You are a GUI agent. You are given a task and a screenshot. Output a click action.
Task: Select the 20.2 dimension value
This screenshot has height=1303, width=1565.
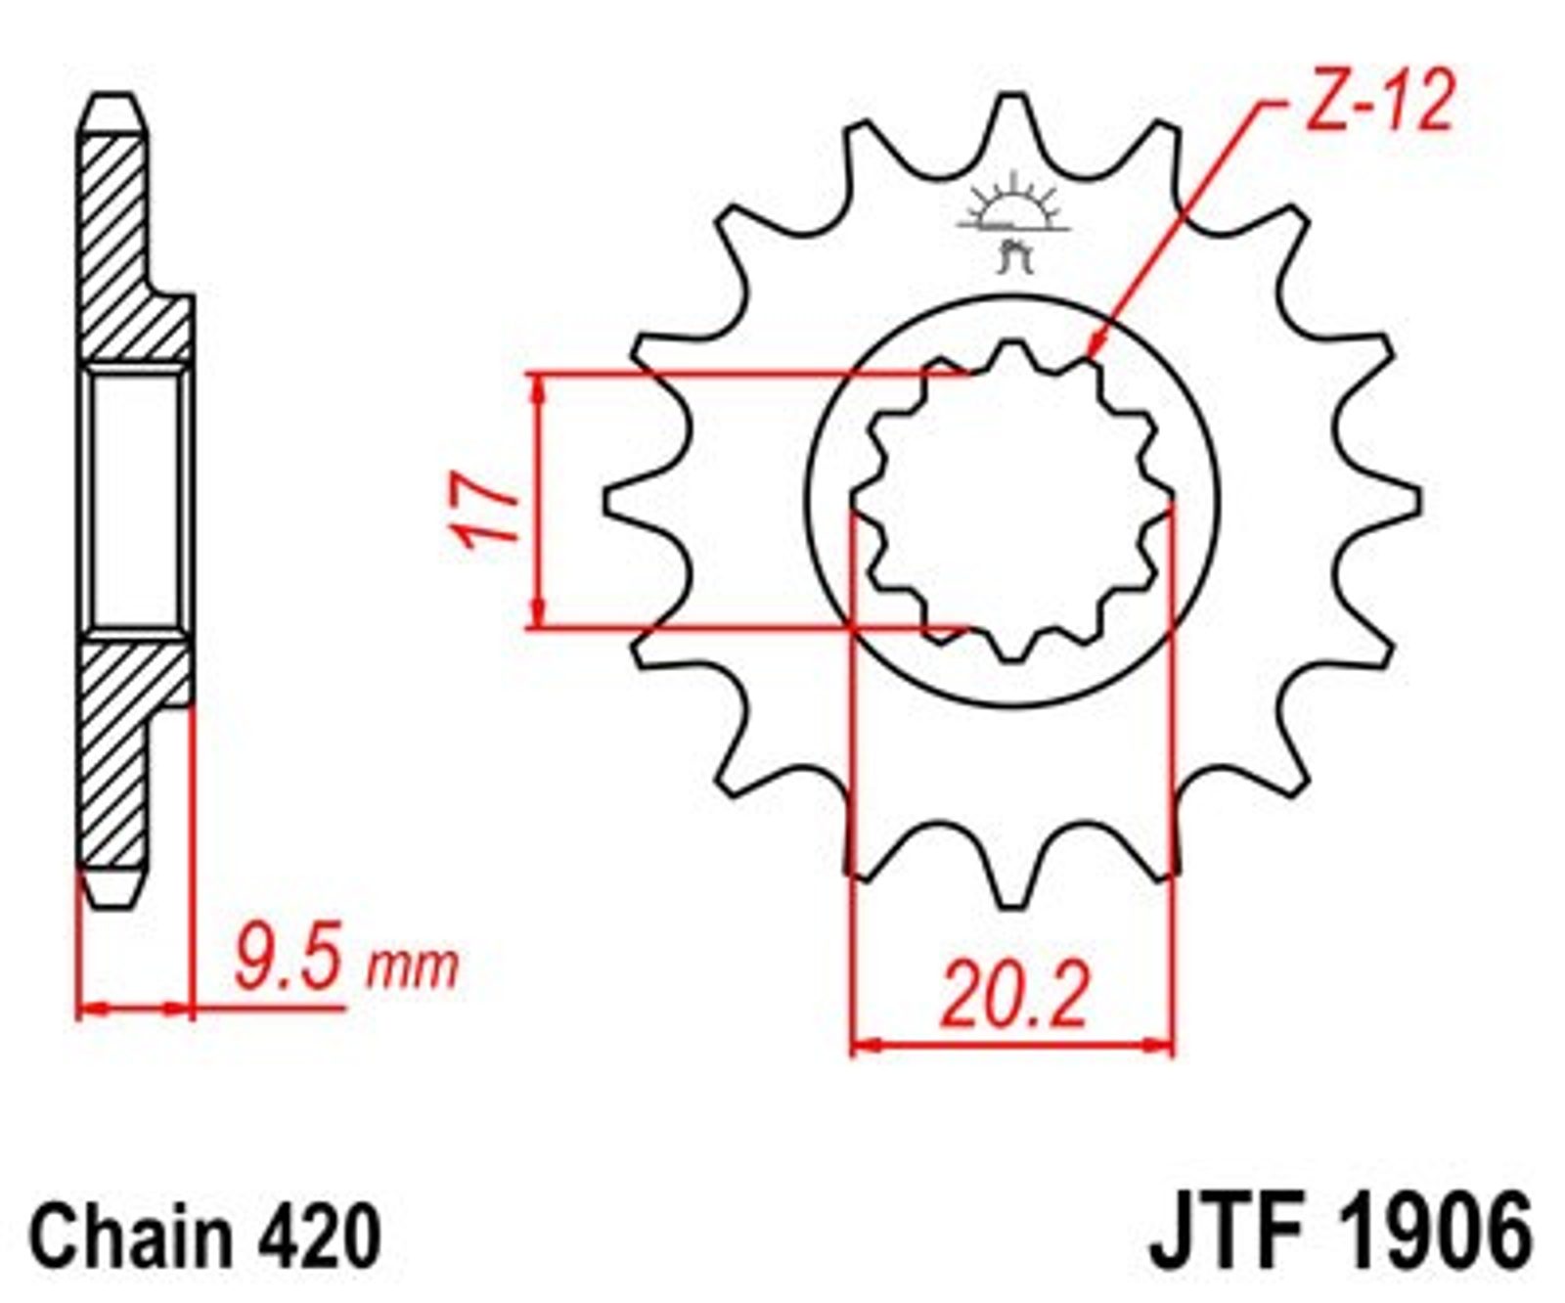pyautogui.click(x=1014, y=996)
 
